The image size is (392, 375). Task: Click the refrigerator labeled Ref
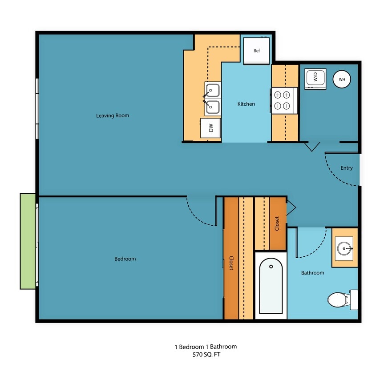(256, 51)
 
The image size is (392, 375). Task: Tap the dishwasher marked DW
(211, 128)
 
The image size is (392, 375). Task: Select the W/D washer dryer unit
(315, 79)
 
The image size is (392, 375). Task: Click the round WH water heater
(342, 79)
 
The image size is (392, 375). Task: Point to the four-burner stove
(282, 100)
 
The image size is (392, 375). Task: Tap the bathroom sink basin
(344, 248)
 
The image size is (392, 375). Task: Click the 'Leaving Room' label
(113, 116)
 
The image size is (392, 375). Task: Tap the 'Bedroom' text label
(125, 259)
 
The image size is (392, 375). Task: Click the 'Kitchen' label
(246, 104)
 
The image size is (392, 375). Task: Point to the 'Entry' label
(346, 168)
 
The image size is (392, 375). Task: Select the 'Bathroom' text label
(312, 272)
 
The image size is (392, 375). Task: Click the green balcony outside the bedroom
(28, 241)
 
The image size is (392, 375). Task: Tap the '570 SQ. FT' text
(205, 355)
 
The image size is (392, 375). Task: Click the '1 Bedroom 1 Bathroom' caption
(205, 347)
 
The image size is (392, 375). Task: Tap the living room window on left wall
(37, 108)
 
